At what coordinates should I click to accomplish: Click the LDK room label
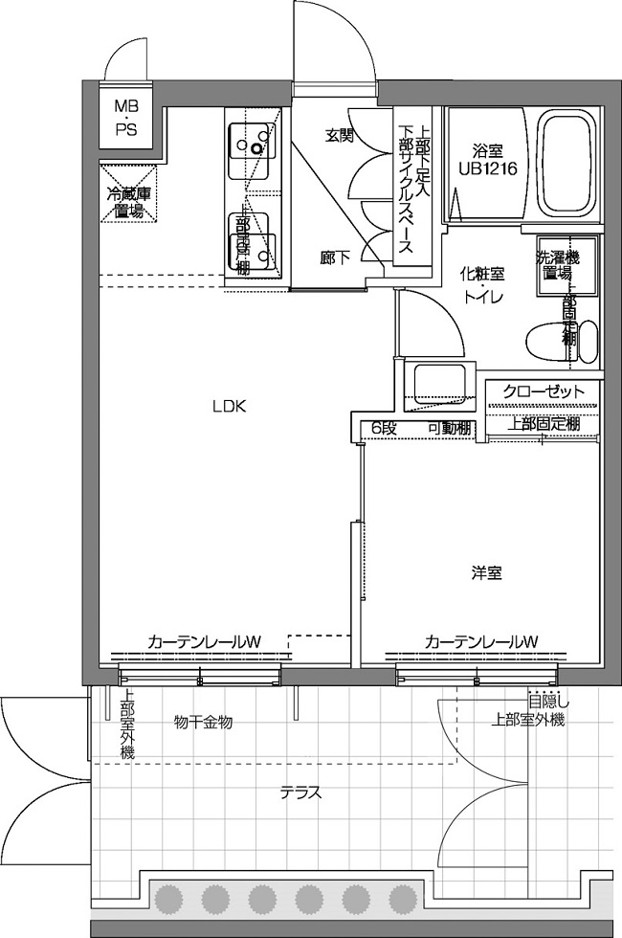coord(230,406)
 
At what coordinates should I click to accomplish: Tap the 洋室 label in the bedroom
coord(486,573)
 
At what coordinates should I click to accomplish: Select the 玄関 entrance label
coord(339,135)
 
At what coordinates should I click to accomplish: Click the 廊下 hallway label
coord(334,257)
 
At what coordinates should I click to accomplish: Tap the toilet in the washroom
coord(561,340)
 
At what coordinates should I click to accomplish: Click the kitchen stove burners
coord(254,144)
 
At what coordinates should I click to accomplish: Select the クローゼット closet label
coord(543,391)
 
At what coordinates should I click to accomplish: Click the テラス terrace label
coord(300,793)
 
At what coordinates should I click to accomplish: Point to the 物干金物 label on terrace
coord(203,721)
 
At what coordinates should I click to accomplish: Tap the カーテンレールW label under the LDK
coord(205,640)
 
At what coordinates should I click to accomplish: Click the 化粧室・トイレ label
coord(484,284)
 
